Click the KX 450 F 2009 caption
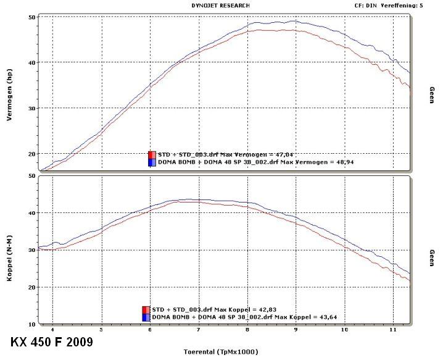point(51,341)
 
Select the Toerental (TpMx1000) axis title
point(220,351)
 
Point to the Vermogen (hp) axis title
point(10,93)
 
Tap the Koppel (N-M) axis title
point(10,250)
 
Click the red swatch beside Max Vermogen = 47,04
point(151,154)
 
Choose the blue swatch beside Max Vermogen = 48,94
point(151,162)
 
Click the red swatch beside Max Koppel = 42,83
point(146,309)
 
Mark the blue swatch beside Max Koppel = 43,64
point(146,317)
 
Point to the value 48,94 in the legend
point(342,162)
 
